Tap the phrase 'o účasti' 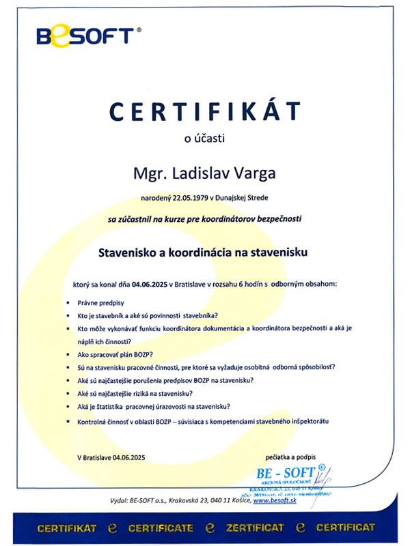tap(204, 139)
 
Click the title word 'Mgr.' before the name tap(150, 173)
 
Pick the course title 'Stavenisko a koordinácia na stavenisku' tap(204, 252)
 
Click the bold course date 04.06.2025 tap(151, 282)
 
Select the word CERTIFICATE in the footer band tap(162, 528)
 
